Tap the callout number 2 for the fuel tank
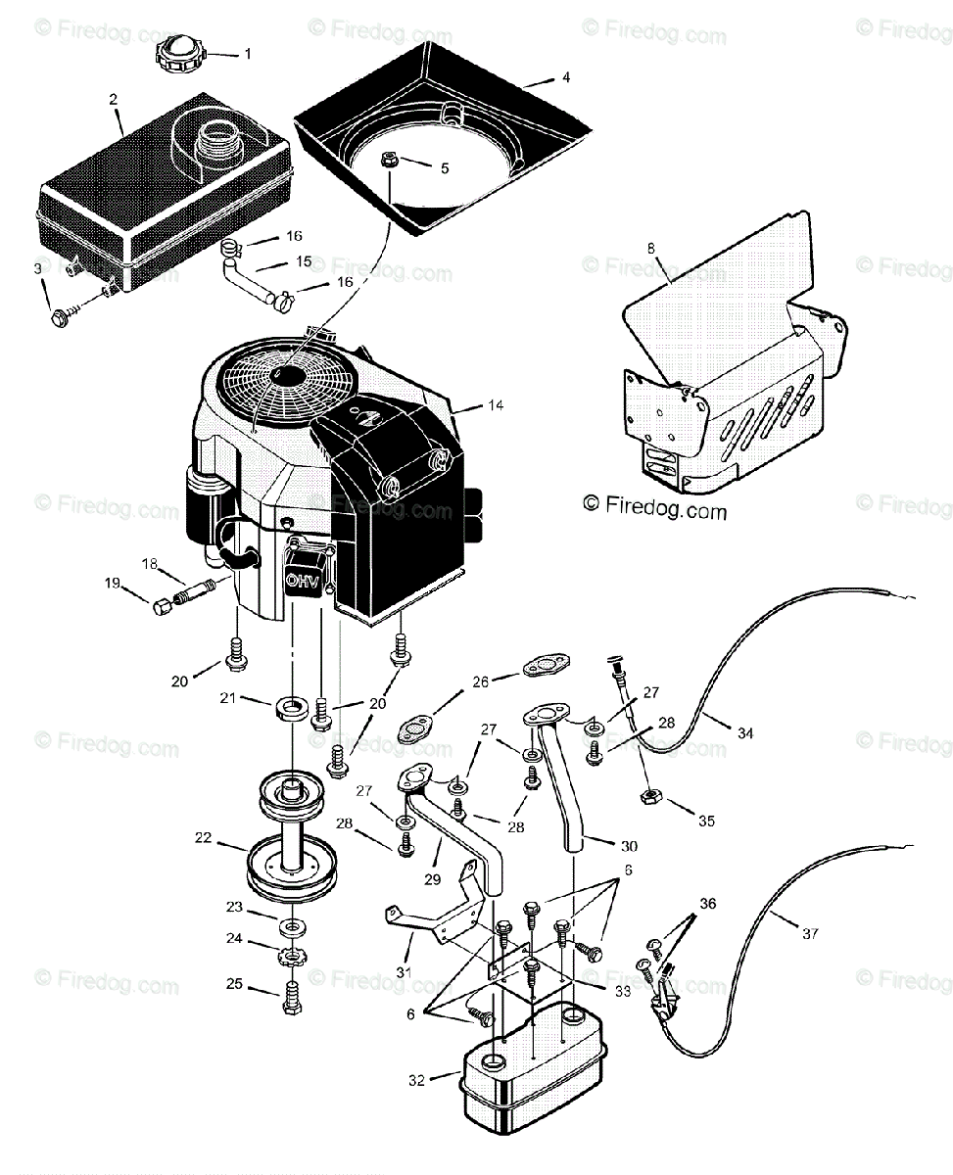pos(114,99)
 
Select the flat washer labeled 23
pos(292,925)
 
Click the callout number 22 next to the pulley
pos(203,837)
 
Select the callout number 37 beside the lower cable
pos(809,933)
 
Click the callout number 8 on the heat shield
pos(650,248)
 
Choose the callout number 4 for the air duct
pos(565,77)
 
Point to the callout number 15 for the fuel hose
pos(304,261)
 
